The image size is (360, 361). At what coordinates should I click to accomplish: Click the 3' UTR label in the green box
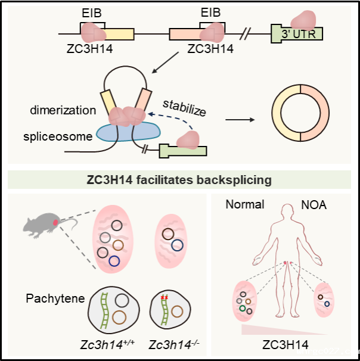click(x=299, y=34)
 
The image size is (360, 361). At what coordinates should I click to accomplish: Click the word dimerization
click(x=63, y=110)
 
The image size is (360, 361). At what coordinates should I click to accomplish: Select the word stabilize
click(x=184, y=108)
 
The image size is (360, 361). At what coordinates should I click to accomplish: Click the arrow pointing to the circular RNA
click(x=240, y=120)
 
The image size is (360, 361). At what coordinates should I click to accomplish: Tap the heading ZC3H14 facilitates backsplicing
click(x=179, y=180)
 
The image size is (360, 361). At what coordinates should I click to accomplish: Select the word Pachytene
click(x=55, y=298)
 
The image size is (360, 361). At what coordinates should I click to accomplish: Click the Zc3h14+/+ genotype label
click(x=107, y=345)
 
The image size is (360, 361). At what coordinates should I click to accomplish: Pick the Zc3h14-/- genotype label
click(x=174, y=345)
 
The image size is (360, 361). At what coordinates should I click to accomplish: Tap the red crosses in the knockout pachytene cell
click(x=165, y=297)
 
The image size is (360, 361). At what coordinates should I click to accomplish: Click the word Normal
click(x=245, y=204)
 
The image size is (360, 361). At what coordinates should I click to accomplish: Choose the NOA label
click(x=314, y=205)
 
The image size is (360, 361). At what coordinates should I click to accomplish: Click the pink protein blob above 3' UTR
click(x=303, y=20)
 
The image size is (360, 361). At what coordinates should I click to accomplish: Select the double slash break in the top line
click(x=245, y=34)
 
